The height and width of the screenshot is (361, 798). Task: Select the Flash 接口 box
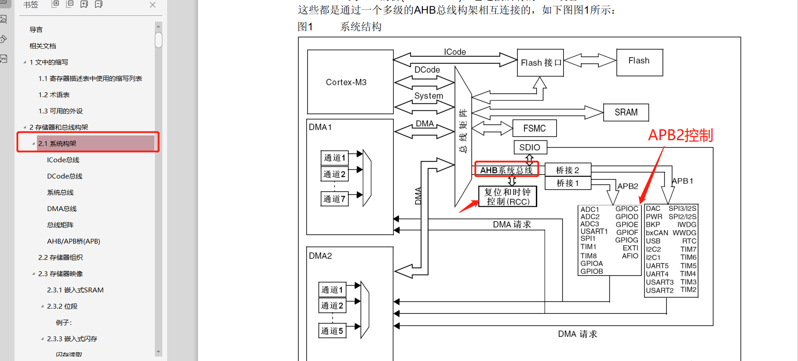click(540, 63)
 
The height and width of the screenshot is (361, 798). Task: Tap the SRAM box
click(626, 112)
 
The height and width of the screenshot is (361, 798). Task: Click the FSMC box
click(534, 128)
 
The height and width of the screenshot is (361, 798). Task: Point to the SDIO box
click(530, 147)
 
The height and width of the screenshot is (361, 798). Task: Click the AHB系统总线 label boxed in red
click(506, 170)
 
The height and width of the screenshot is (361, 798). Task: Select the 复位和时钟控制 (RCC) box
click(507, 197)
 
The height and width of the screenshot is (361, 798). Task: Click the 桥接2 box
click(567, 170)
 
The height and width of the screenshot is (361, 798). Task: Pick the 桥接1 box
click(567, 183)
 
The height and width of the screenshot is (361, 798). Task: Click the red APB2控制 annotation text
click(680, 135)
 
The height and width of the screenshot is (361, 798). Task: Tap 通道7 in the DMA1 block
click(334, 199)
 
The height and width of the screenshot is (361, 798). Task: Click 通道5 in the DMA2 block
click(332, 331)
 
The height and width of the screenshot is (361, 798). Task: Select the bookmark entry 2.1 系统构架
click(57, 143)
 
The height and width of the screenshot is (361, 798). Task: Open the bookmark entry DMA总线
click(62, 208)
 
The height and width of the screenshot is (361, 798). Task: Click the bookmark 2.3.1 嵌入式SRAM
click(75, 290)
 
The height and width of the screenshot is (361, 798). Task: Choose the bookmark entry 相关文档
click(43, 46)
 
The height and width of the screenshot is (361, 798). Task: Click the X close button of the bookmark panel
click(153, 5)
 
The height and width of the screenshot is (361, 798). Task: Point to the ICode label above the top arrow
click(455, 52)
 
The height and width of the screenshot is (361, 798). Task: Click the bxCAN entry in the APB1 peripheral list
click(657, 233)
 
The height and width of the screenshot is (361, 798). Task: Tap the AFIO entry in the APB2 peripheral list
click(630, 256)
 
